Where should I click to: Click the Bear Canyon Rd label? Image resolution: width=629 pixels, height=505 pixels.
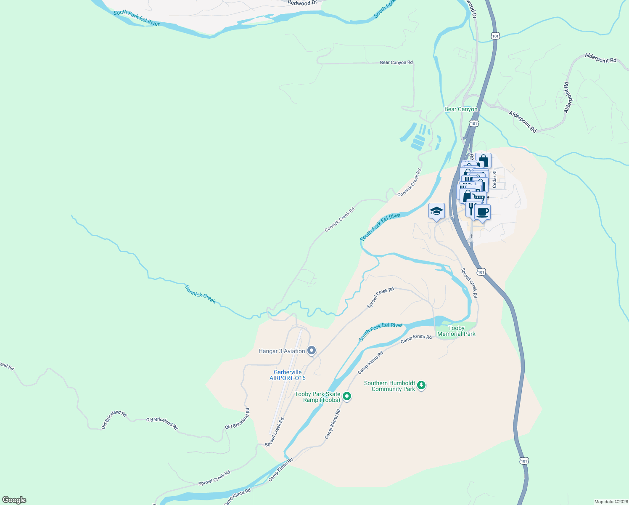pos(396,63)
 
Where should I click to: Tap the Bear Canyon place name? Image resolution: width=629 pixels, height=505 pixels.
pos(461,109)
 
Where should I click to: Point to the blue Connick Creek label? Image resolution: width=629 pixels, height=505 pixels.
pos(201,294)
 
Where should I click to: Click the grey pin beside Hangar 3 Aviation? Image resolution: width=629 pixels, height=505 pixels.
pos(312,350)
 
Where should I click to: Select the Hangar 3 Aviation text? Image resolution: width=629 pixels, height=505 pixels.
pos(282,351)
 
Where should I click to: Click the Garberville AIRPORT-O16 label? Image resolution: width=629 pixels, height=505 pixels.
pos(288,375)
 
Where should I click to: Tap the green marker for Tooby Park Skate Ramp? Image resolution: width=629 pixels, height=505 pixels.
pos(347,396)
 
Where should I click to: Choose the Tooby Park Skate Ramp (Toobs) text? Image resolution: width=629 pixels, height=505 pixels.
pos(317,397)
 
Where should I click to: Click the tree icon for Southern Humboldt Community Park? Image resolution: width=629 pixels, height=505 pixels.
pos(421,385)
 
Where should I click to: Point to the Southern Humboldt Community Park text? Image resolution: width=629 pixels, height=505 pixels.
pos(389,386)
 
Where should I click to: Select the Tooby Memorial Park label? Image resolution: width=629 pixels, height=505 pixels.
pos(456,331)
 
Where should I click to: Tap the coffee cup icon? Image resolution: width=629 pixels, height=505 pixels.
pos(483,212)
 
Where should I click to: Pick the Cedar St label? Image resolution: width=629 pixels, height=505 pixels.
pos(495,179)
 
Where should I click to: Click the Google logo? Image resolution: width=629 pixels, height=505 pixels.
pos(14,500)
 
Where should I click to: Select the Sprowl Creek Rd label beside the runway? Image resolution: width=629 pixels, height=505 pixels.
pos(275,432)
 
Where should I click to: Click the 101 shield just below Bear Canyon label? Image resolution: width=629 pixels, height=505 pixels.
pos(474,123)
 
